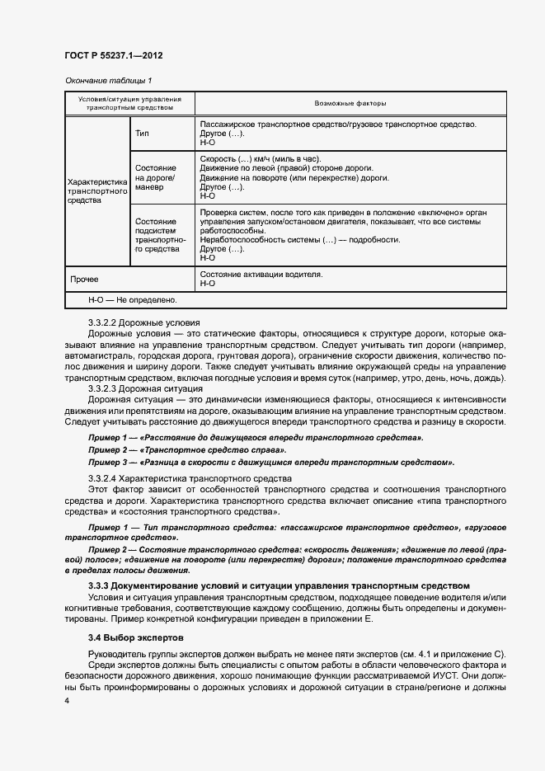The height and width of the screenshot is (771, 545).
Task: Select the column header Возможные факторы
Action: tap(350, 103)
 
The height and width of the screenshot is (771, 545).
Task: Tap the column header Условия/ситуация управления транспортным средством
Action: tap(129, 103)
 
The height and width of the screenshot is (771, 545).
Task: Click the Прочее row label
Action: tap(84, 279)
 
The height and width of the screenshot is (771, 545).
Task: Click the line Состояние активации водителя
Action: tap(261, 274)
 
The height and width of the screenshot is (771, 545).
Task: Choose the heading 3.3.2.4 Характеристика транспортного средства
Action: tap(180, 478)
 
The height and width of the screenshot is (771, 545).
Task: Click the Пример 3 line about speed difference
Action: tap(271, 463)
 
